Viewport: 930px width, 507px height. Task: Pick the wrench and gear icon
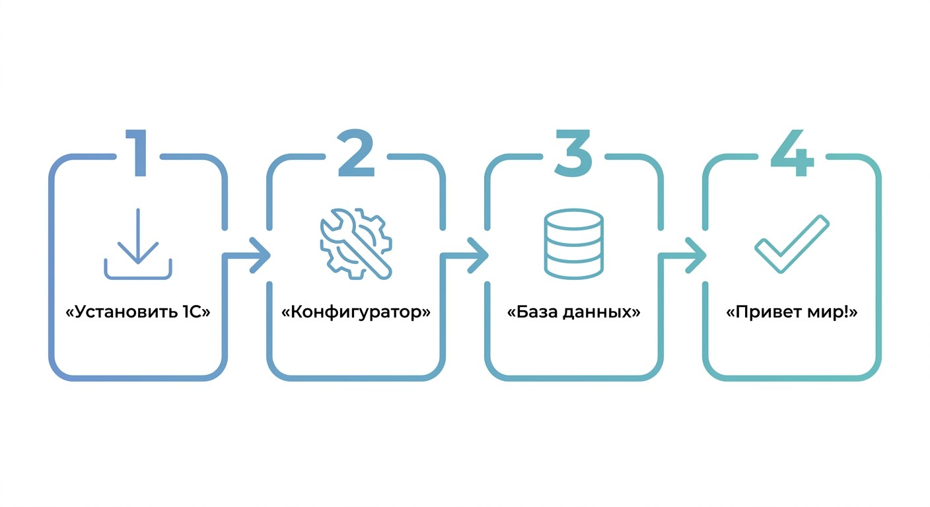[356, 244]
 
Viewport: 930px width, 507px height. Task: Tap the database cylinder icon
[574, 244]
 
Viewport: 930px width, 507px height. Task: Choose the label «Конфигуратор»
[356, 312]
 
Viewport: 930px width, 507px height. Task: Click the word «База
[532, 312]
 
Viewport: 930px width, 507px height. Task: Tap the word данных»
[602, 312]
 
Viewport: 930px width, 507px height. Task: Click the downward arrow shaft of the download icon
[138, 235]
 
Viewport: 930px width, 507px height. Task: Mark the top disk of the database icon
[574, 219]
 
